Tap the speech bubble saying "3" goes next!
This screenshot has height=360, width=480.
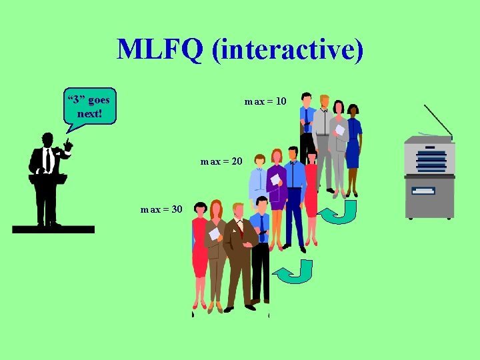(89, 106)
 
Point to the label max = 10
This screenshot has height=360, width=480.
(265, 101)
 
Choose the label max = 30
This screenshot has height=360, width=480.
(161, 209)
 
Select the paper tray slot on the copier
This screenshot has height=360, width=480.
(423, 191)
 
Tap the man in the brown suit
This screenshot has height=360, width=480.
(239, 253)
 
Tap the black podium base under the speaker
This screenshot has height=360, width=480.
(53, 229)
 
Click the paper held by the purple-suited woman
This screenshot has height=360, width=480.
(274, 179)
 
